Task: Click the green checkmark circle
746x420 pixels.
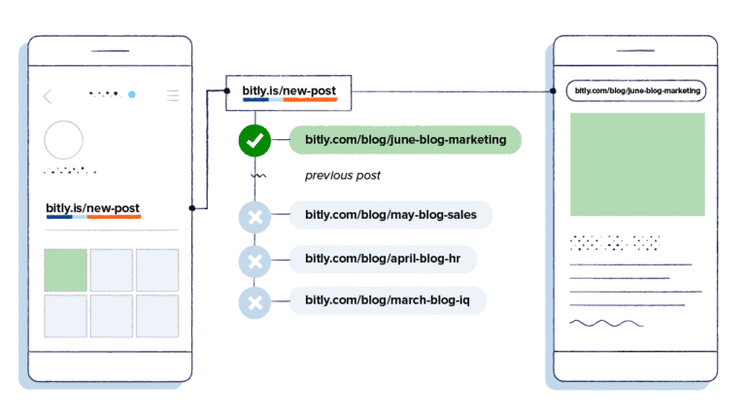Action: [x=254, y=141]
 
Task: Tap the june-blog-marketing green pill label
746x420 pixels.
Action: [x=405, y=140]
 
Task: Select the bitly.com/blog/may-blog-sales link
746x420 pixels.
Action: [x=390, y=215]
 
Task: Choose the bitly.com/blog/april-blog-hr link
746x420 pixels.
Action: [x=385, y=259]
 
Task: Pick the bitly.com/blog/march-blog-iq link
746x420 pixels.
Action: [x=388, y=300]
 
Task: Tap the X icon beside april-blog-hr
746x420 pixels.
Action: [x=254, y=260]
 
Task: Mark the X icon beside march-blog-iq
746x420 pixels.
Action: [x=254, y=301]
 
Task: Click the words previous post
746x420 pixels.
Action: [x=342, y=176]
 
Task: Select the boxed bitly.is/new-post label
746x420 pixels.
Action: [x=288, y=92]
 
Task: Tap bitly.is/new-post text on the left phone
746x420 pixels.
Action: [x=93, y=208]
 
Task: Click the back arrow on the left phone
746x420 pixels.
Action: [x=49, y=95]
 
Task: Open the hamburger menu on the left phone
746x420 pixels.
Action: [x=173, y=95]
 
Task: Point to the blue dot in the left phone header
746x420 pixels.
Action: [x=132, y=95]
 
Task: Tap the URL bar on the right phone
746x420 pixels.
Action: [x=636, y=91]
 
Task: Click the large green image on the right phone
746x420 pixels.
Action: [x=637, y=164]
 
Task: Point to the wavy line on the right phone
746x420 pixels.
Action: [x=605, y=322]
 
